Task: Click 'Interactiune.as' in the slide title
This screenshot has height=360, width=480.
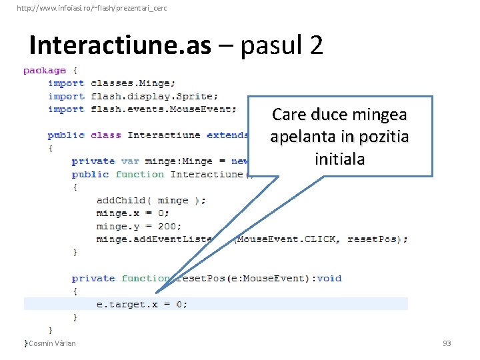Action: tap(120, 45)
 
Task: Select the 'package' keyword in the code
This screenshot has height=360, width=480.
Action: tap(45, 71)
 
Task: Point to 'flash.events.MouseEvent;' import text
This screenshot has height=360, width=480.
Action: tap(163, 109)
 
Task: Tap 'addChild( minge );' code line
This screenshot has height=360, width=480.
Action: tap(151, 200)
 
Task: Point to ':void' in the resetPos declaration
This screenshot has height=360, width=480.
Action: tap(327, 278)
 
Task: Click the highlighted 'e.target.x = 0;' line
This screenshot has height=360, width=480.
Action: tap(142, 304)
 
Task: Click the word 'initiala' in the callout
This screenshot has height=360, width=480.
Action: tap(339, 159)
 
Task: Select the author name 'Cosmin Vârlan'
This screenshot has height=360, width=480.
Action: tap(52, 343)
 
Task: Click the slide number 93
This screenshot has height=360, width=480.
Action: tap(447, 343)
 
